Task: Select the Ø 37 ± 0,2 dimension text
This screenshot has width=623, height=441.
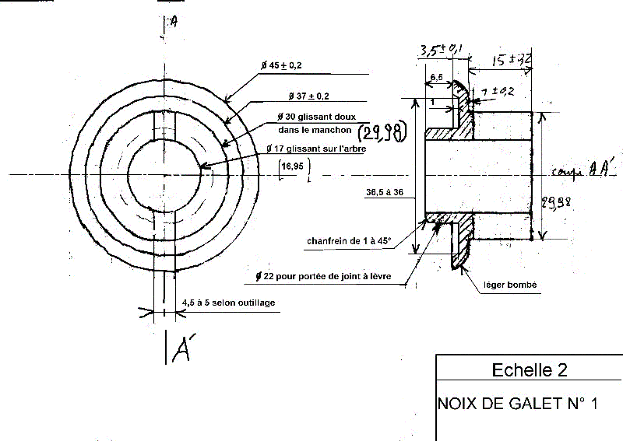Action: click(x=308, y=96)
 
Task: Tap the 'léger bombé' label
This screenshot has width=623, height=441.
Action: click(x=510, y=285)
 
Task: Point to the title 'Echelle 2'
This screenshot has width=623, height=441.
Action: click(x=530, y=370)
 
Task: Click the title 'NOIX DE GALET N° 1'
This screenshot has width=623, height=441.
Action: click(x=517, y=404)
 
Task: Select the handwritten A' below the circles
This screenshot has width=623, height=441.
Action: click(x=178, y=349)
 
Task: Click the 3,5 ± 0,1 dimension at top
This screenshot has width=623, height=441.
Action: click(x=441, y=51)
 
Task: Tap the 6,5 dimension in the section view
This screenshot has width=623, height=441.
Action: click(x=437, y=78)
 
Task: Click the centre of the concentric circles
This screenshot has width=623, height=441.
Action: click(x=166, y=174)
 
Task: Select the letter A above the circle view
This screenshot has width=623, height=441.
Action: click(x=173, y=23)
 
